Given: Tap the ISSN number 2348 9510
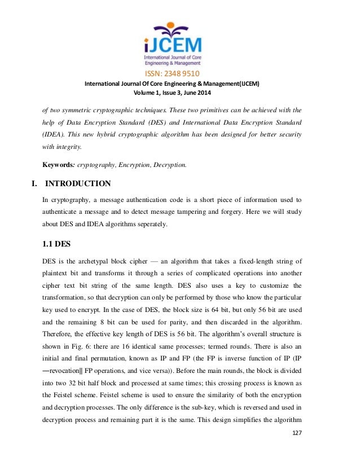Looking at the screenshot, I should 180,73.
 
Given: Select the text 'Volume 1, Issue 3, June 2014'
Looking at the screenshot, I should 180,93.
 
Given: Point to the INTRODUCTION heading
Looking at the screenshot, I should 78,183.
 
